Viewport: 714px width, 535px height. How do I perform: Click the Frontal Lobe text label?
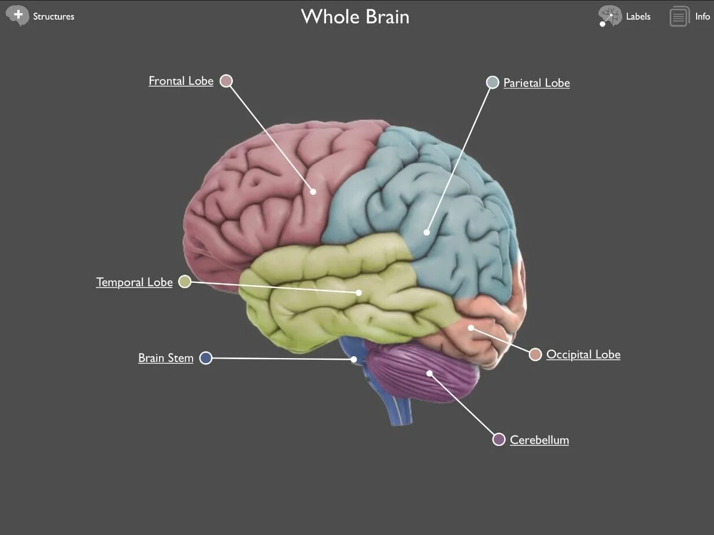[x=181, y=81]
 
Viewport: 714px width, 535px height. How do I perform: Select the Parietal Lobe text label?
[x=537, y=83]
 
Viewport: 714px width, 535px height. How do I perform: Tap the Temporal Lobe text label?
[x=134, y=282]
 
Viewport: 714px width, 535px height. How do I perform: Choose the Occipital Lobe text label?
[x=583, y=355]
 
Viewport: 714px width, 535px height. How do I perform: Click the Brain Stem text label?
[x=166, y=358]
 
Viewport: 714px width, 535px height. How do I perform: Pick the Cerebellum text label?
[x=539, y=440]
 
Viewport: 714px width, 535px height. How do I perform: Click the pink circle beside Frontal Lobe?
[x=227, y=81]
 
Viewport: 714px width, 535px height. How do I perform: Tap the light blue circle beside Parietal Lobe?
[x=492, y=82]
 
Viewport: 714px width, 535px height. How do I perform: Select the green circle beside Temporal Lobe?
[x=184, y=282]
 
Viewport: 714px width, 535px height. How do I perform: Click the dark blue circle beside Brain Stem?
[x=205, y=358]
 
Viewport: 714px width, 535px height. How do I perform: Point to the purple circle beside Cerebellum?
[x=498, y=440]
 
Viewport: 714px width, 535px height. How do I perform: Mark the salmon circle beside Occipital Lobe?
[x=535, y=355]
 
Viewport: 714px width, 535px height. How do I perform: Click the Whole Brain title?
[x=355, y=17]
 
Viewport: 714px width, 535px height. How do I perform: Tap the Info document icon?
[x=679, y=16]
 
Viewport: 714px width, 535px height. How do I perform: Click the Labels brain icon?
[x=609, y=16]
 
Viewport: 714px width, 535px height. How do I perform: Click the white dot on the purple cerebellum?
[x=430, y=373]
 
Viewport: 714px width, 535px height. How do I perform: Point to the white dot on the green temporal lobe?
[x=358, y=293]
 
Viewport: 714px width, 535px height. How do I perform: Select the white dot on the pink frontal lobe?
[x=313, y=191]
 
